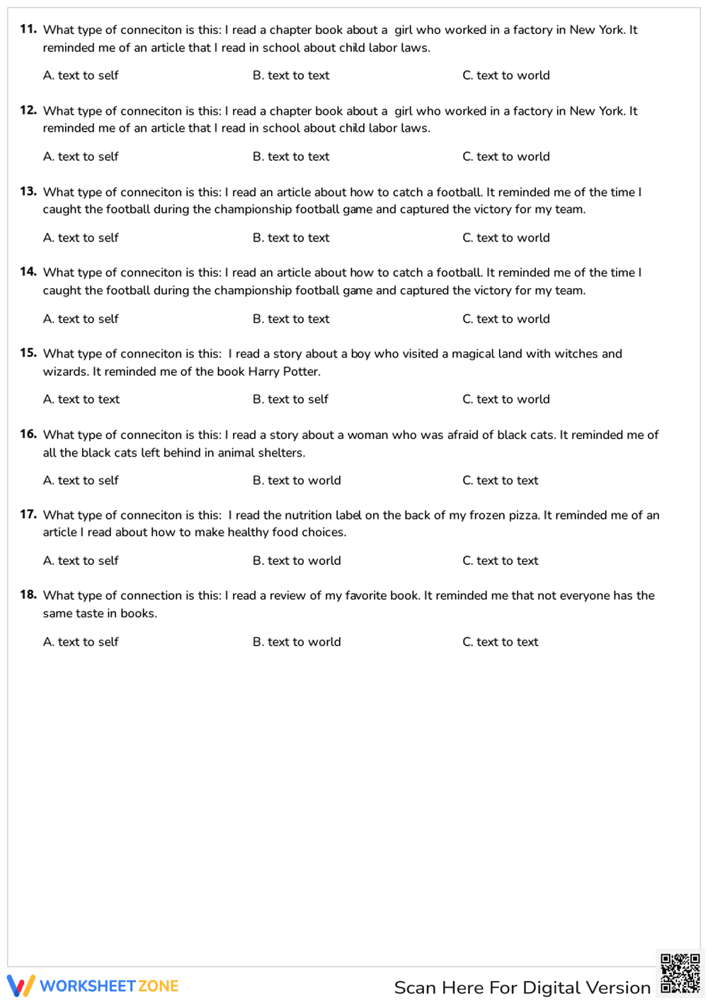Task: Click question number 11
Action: click(28, 29)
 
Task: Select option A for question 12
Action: click(81, 156)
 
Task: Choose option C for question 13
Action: click(506, 238)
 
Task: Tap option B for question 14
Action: click(290, 319)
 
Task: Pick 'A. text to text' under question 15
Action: click(81, 399)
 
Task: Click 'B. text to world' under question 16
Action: click(297, 481)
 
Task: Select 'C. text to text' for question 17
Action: click(500, 561)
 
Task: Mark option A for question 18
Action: click(81, 642)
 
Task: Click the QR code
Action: click(680, 974)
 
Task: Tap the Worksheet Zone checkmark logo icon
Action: click(21, 986)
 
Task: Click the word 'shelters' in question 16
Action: click(280, 453)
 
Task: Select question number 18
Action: click(28, 595)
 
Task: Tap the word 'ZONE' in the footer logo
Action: click(159, 986)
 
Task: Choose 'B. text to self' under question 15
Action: click(290, 399)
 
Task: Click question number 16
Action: click(28, 434)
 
